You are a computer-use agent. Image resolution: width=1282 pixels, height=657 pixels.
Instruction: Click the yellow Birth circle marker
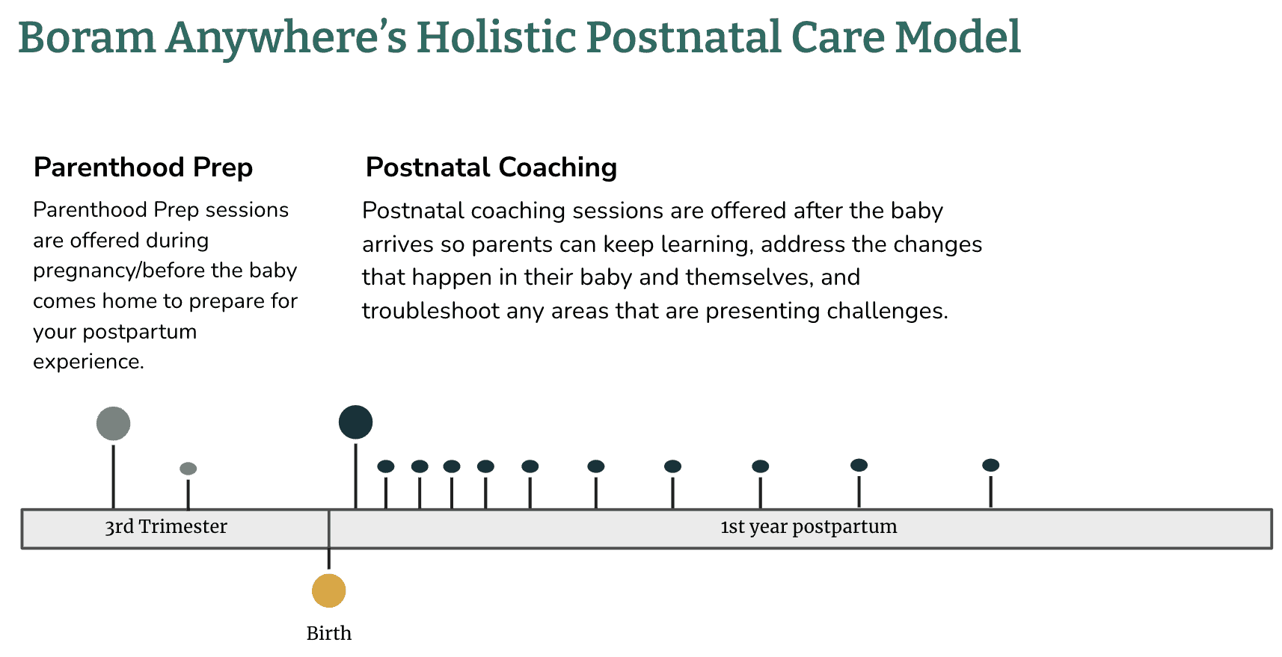[328, 590]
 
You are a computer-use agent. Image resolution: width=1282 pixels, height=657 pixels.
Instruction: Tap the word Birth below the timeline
[328, 633]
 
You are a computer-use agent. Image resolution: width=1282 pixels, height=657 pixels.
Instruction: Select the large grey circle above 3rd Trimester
[114, 424]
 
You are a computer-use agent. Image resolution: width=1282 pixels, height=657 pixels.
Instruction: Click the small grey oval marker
[188, 469]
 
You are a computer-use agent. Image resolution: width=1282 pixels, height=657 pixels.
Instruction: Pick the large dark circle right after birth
[355, 422]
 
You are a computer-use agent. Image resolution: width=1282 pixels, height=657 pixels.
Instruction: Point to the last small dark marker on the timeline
[991, 466]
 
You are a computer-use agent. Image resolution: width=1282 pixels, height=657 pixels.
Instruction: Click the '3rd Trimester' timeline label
[166, 527]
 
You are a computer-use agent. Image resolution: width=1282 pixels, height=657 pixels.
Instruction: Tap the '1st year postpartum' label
[809, 527]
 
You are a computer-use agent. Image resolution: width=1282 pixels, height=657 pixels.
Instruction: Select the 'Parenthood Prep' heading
[143, 167]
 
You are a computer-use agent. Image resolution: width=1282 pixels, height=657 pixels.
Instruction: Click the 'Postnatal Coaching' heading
[491, 167]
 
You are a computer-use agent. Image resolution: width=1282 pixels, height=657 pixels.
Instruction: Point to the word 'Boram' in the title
[87, 37]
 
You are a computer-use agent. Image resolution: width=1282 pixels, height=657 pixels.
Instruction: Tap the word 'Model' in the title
[957, 37]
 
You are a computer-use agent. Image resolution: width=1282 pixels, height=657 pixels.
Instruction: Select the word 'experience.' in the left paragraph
[88, 362]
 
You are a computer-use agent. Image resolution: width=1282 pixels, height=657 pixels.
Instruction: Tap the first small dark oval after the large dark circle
[386, 466]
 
